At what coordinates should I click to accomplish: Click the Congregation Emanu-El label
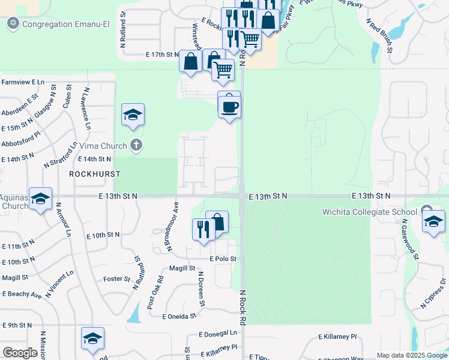tap(57, 25)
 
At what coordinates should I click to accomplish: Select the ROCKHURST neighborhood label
tap(95, 174)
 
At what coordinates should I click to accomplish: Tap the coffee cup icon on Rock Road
tap(229, 107)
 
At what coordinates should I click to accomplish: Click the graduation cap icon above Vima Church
tap(133, 115)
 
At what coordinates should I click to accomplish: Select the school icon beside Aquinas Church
tap(40, 199)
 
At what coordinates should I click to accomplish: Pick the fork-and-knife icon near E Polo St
tap(203, 229)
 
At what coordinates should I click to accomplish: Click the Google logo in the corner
tap(20, 353)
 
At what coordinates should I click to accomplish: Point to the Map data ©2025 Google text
tap(412, 355)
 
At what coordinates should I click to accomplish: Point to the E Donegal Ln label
tap(218, 334)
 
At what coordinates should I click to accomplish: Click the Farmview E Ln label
tap(23, 82)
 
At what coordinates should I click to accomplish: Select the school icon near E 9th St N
tap(92, 340)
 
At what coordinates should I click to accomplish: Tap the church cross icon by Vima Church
tap(136, 145)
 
